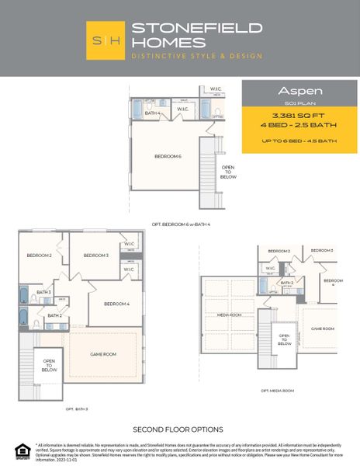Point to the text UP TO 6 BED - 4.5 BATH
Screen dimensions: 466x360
point(299,141)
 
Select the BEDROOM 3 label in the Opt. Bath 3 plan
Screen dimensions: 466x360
point(95,256)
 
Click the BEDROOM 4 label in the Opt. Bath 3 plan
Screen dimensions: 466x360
point(116,303)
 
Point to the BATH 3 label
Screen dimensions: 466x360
point(43,292)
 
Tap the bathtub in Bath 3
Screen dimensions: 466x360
point(24,296)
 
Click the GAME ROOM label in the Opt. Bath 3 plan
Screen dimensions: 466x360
point(103,353)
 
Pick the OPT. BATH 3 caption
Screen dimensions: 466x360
point(76,408)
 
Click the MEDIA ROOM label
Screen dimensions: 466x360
point(229,315)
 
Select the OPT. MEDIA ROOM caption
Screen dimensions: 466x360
point(277,390)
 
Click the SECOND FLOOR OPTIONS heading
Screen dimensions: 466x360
point(178,429)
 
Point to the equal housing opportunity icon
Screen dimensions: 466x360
point(20,449)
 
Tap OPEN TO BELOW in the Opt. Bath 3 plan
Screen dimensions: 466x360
point(49,365)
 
